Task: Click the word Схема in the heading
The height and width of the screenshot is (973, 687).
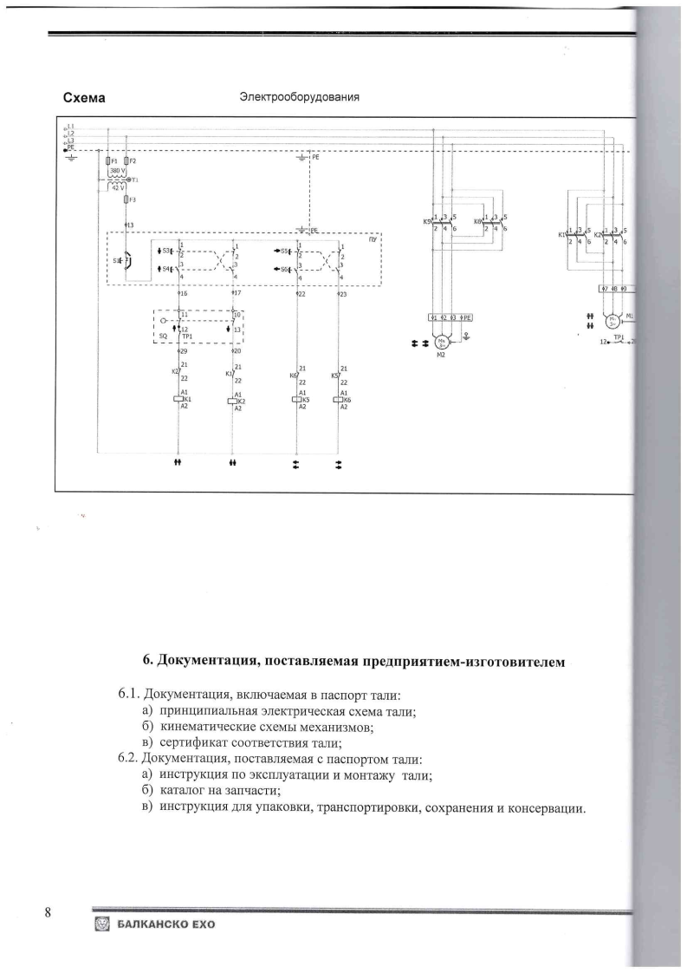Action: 85,98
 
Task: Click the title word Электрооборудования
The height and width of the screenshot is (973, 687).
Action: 299,97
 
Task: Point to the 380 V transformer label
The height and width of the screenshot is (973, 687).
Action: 118,171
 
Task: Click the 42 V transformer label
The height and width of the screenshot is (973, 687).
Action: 118,186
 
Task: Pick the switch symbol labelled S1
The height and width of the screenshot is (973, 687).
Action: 126,259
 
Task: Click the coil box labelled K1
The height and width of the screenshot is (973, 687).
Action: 178,400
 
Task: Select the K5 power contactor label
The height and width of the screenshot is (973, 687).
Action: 427,222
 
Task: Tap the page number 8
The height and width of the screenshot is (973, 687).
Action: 49,911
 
